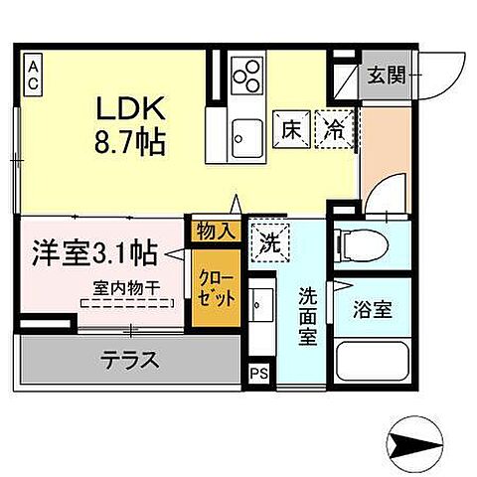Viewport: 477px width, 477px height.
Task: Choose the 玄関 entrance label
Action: (x=385, y=74)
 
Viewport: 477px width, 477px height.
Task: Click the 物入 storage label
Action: (x=216, y=232)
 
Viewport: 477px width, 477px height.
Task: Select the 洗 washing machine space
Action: (x=268, y=239)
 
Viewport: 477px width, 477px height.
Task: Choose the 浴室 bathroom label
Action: (x=373, y=309)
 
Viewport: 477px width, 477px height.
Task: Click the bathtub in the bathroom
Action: (x=373, y=362)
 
